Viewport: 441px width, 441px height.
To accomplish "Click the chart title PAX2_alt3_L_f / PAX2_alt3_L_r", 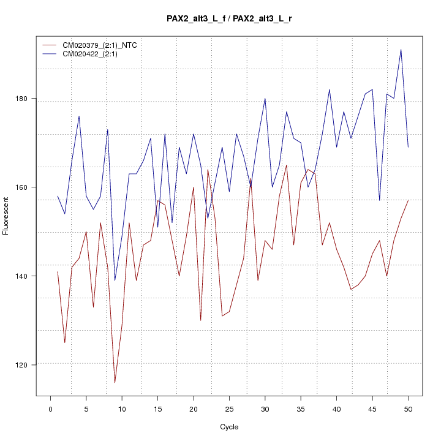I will [x=229, y=18].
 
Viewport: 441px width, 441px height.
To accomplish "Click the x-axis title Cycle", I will [x=228, y=427].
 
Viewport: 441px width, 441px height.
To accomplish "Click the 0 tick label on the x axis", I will [x=50, y=409].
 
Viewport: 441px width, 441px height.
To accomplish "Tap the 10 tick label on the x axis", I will [x=122, y=409].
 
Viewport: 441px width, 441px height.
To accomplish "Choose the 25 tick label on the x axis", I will [x=229, y=409].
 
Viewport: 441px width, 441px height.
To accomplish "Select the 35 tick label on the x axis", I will [x=301, y=409].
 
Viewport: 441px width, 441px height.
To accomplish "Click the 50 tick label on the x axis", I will [x=408, y=409].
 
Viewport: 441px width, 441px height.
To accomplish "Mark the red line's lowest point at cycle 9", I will [x=115, y=383].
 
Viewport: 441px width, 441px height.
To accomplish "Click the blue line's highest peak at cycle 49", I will [x=401, y=50].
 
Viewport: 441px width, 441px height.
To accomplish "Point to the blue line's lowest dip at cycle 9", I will [x=115, y=281].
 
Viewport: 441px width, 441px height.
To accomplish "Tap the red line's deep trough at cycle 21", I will [x=200, y=320].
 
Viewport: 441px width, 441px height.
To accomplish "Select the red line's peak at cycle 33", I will [x=286, y=165].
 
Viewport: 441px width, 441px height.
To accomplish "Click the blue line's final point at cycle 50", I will [x=408, y=147].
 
